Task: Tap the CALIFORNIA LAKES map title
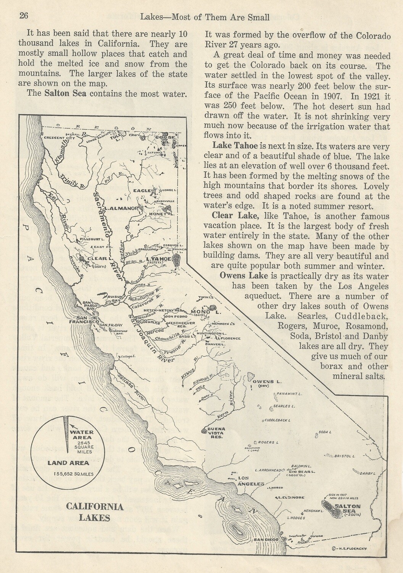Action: (95, 512)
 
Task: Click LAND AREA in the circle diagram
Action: (68, 463)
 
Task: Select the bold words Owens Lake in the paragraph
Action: (244, 276)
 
